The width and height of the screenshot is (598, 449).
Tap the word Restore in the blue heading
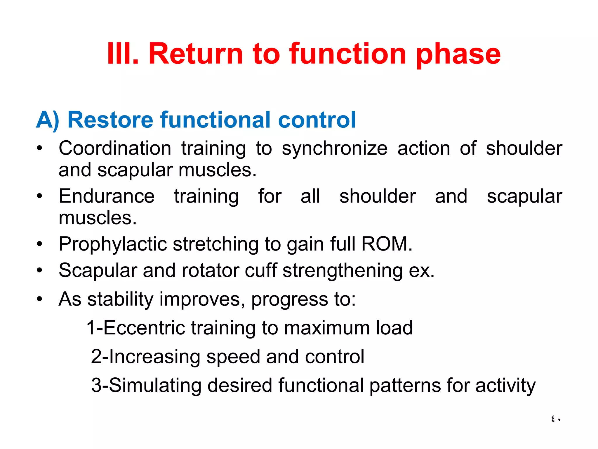(x=110, y=120)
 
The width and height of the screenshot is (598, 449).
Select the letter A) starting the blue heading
(x=48, y=120)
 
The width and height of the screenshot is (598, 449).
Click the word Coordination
(x=115, y=148)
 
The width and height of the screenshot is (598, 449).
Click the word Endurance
(x=107, y=196)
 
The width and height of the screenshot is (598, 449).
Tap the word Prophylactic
(x=112, y=244)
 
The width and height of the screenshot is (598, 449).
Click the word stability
(x=120, y=299)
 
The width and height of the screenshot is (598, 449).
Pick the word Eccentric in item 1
(x=144, y=328)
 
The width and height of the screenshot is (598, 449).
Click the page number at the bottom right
(x=555, y=419)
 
